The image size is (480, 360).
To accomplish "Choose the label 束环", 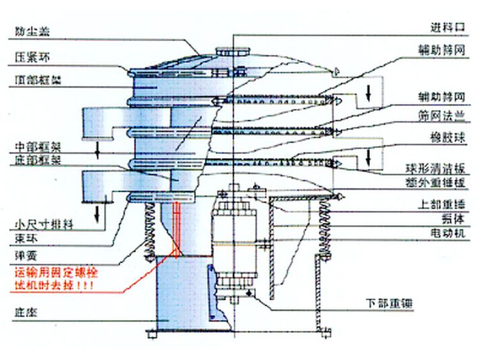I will (x=24, y=238).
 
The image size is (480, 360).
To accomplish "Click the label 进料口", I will (x=445, y=28).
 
